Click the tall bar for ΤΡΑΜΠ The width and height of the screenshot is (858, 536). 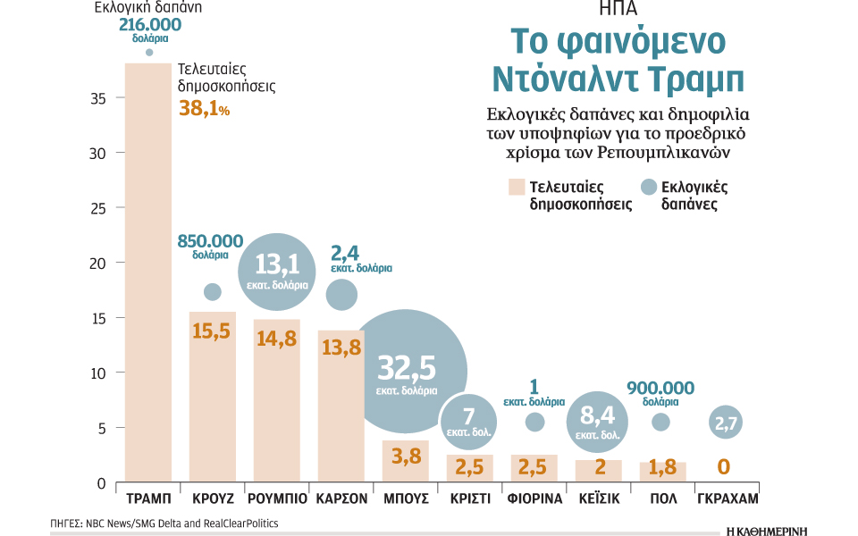[148, 272]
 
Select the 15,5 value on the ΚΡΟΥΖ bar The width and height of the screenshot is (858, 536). [211, 331]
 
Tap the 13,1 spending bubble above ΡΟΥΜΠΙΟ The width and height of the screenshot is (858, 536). [277, 272]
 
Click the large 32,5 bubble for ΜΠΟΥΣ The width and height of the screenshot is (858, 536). [407, 372]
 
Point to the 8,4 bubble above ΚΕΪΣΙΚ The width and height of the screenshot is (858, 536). [598, 422]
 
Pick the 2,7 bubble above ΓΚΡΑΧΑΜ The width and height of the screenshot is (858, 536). [726, 423]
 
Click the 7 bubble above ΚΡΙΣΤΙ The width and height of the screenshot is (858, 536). [468, 422]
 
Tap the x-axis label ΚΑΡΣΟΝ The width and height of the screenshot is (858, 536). [341, 498]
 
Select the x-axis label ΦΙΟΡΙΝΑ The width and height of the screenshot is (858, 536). [534, 498]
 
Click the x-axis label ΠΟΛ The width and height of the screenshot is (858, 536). [663, 498]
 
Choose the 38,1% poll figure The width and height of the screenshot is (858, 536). [204, 108]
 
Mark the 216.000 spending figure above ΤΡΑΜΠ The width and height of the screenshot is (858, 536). [150, 25]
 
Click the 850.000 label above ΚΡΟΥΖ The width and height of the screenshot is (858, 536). [210, 241]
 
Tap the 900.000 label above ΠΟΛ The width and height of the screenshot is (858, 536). [660, 388]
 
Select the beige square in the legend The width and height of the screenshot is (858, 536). [517, 187]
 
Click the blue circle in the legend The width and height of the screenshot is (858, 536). [649, 187]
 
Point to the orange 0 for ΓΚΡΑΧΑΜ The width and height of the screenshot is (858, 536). [723, 466]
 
